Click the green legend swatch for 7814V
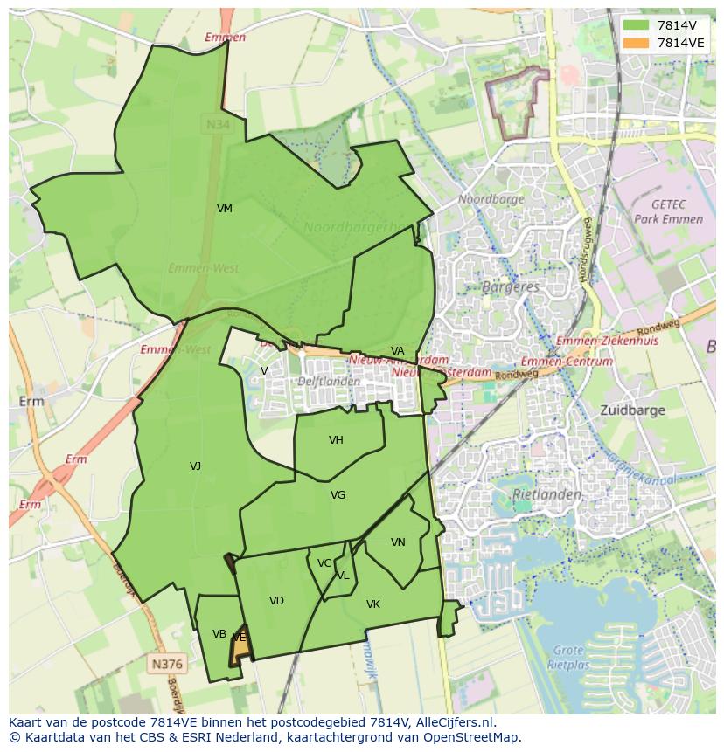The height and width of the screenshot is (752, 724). (x=637, y=25)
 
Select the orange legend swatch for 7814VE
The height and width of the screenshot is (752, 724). (x=637, y=42)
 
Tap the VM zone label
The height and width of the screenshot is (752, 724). (x=225, y=209)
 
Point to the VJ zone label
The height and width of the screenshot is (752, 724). (x=195, y=466)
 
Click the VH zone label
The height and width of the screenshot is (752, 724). (x=336, y=440)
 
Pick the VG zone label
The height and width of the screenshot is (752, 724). (x=338, y=495)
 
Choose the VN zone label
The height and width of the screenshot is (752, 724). (x=398, y=542)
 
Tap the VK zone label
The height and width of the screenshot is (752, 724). (x=373, y=604)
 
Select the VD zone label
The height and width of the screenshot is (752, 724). (x=276, y=601)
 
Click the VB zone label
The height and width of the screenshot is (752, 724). (x=219, y=634)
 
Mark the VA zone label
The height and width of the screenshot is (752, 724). (x=398, y=351)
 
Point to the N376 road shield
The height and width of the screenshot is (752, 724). (x=167, y=665)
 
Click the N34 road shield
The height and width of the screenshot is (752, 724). (x=218, y=125)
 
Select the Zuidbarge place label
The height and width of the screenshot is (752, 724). (x=632, y=410)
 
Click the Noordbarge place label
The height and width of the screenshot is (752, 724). (x=491, y=199)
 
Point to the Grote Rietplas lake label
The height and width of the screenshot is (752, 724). (x=569, y=656)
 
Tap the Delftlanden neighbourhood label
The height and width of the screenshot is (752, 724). (x=329, y=381)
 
